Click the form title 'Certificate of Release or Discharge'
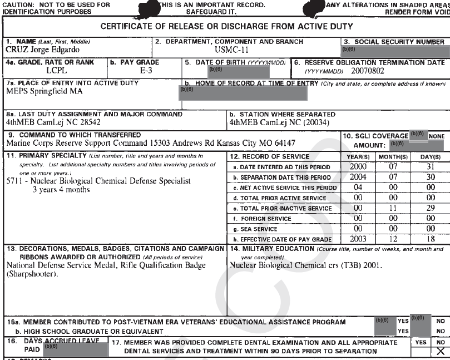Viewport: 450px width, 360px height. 225,27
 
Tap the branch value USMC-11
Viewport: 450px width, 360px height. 228,50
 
